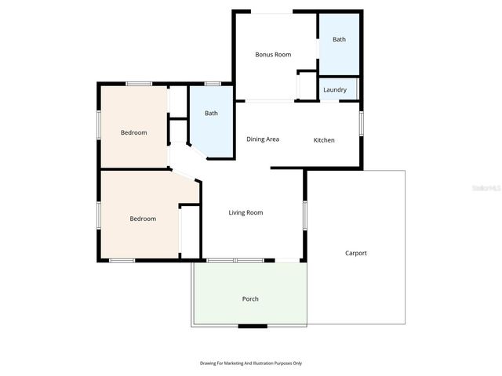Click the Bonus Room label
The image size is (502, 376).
273,55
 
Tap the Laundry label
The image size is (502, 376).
335,90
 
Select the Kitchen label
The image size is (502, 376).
324,140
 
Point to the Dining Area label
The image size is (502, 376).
263,139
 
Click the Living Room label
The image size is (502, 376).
246,212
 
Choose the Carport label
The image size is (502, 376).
356,253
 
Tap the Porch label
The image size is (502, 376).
250,299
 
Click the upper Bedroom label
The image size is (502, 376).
133,132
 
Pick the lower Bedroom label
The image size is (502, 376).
143,219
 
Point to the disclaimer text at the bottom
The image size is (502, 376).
251,363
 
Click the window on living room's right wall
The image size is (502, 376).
304,215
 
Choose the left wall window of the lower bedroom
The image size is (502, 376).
99,216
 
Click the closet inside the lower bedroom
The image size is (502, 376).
189,231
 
